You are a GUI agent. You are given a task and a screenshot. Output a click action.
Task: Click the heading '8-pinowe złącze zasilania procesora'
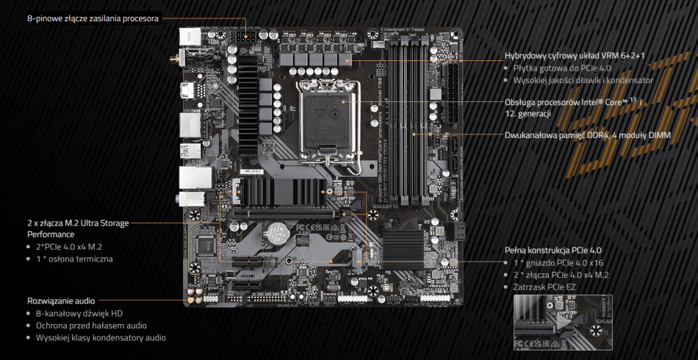click(93, 18)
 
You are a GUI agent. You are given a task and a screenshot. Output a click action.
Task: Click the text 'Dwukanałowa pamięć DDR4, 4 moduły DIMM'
click(587, 135)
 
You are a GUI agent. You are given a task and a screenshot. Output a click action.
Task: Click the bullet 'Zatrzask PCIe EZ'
click(546, 287)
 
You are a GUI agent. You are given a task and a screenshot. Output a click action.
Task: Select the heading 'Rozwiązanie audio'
click(61, 300)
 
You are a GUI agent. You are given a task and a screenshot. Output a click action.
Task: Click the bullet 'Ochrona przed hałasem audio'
click(91, 325)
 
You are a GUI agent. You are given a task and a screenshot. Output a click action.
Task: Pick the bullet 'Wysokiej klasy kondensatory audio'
click(101, 337)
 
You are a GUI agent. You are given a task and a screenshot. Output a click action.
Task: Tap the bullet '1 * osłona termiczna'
click(74, 259)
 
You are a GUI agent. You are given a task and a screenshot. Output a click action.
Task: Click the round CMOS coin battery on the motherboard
click(275, 234)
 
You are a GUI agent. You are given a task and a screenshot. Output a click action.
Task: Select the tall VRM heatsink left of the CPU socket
click(246, 95)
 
